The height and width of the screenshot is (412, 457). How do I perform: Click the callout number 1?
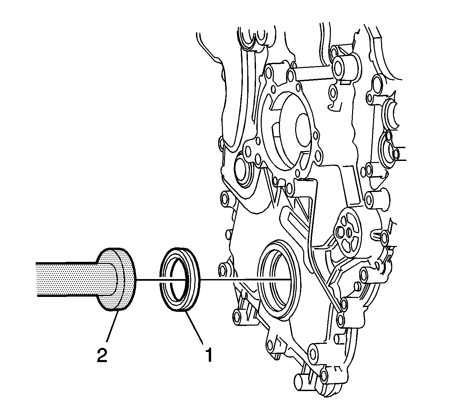[209, 355]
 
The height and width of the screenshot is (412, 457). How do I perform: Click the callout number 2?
[102, 355]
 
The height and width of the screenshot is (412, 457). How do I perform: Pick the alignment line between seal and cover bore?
[246, 279]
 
